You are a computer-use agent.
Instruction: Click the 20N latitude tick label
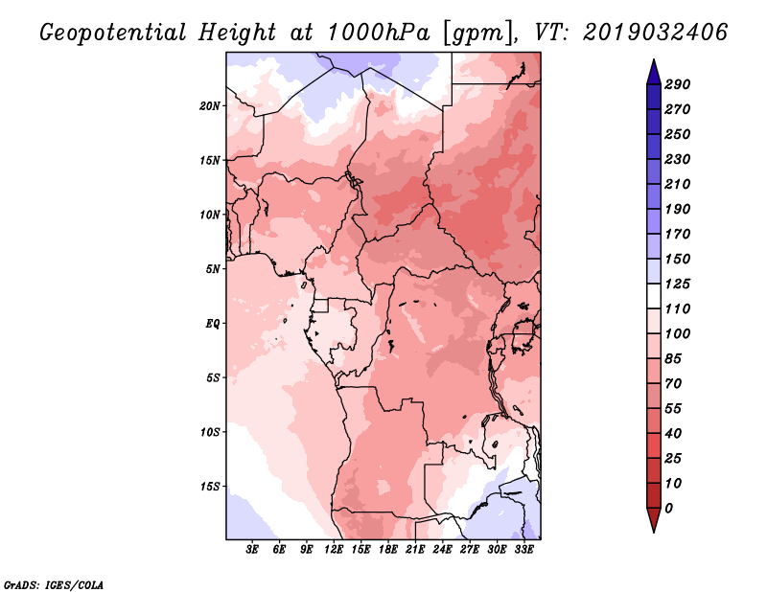pos(210,106)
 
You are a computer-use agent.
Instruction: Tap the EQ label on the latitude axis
pos(213,324)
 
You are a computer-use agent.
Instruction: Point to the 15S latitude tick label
pos(210,487)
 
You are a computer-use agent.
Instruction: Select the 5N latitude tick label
pos(213,269)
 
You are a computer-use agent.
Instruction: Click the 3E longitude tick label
pos(252,550)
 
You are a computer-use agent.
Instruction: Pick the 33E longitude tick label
pos(523,550)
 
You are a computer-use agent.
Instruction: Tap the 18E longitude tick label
pos(388,550)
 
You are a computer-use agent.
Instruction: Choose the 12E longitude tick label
pos(334,550)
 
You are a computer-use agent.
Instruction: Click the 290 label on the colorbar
pos(678,84)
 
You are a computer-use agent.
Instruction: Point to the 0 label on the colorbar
pos(668,509)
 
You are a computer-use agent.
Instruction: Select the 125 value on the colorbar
pos(678,284)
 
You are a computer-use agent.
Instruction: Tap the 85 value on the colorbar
pos(673,359)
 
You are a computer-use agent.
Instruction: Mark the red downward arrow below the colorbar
pos(654,519)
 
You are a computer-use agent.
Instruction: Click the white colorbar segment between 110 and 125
pos(654,296)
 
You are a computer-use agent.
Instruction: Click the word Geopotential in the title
pos(113,33)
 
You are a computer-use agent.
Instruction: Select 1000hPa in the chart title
pos(378,33)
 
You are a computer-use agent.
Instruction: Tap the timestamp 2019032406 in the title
pos(656,33)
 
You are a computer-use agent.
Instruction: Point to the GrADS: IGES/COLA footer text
pos(54,585)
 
